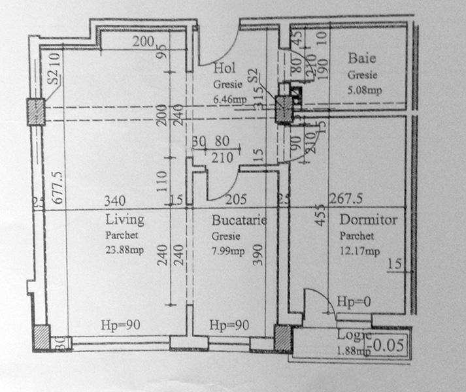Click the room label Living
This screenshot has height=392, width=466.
click(x=124, y=219)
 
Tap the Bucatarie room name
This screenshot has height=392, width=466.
click(x=239, y=220)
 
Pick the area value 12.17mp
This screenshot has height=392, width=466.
click(x=359, y=251)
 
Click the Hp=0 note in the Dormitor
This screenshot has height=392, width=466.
click(x=353, y=302)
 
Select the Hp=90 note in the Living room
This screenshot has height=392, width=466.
click(x=121, y=325)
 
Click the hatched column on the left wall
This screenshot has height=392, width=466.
click(x=35, y=111)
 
